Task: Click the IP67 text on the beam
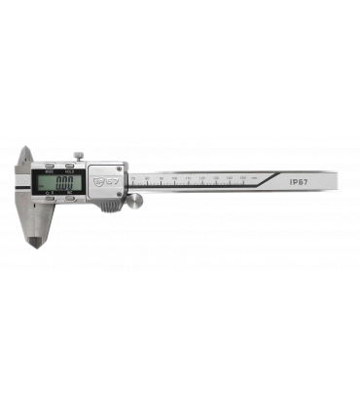coord(300,181)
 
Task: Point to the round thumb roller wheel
coord(138,201)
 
